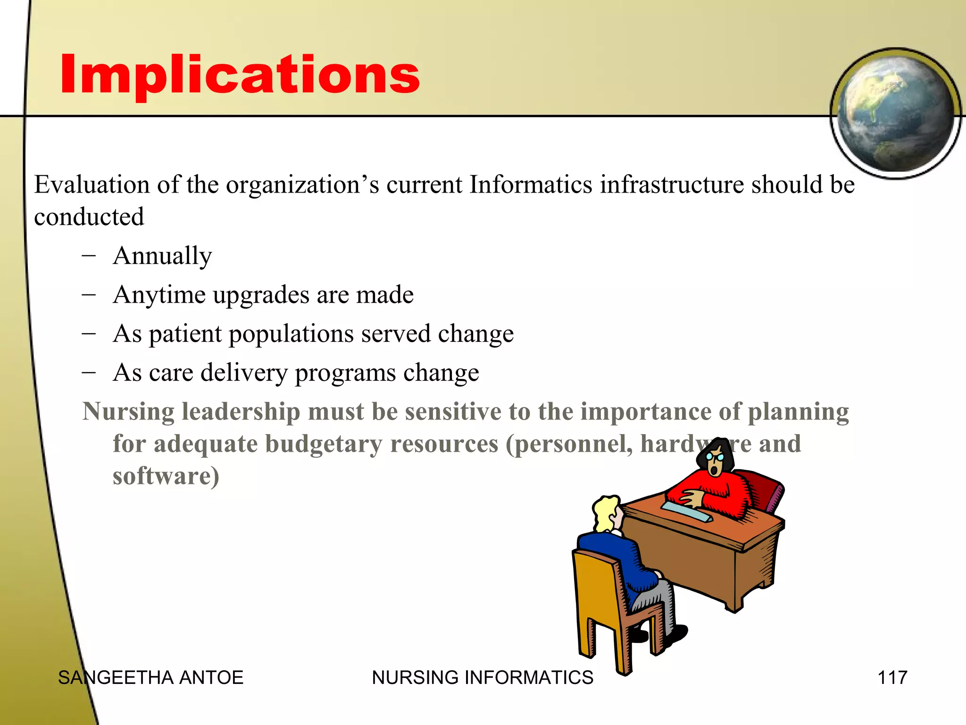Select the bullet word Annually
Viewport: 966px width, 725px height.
pyautogui.click(x=163, y=256)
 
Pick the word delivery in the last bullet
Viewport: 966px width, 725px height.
pyautogui.click(x=244, y=373)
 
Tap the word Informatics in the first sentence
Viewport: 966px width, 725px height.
pyautogui.click(x=531, y=185)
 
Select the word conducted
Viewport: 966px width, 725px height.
pyautogui.click(x=89, y=217)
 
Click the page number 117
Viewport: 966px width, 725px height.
pyautogui.click(x=892, y=678)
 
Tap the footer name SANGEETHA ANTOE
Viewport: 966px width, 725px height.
pyautogui.click(x=150, y=678)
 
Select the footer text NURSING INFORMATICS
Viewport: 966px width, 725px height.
pyautogui.click(x=482, y=678)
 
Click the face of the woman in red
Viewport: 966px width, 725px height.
pyautogui.click(x=716, y=463)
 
